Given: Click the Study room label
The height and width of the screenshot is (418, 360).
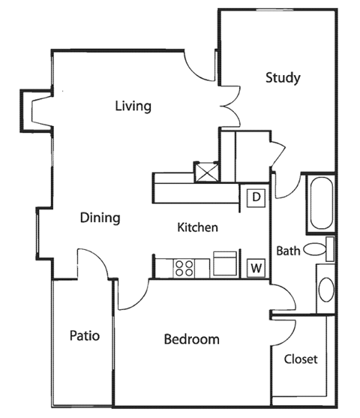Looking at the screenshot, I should [x=283, y=77].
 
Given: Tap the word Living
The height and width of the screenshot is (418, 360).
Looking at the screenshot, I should [x=133, y=106].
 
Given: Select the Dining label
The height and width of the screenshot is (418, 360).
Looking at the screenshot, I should [x=100, y=218].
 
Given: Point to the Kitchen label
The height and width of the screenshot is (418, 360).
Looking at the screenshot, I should [x=197, y=227].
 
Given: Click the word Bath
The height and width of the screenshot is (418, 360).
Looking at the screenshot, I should [x=288, y=251].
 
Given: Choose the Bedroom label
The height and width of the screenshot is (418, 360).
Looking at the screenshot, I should [x=191, y=339].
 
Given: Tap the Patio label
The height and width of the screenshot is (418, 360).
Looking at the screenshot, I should [x=85, y=335].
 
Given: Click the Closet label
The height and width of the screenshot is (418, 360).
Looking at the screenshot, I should [x=301, y=359].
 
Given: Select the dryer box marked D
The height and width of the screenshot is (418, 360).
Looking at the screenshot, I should [x=256, y=197].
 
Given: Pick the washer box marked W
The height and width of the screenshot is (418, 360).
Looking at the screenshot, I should [x=256, y=267].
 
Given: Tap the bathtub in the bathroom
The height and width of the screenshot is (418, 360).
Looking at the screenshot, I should [x=321, y=202].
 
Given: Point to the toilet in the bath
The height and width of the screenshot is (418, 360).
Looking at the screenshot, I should [x=322, y=249].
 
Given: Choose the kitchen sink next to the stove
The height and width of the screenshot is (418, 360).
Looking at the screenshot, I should [x=225, y=264].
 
